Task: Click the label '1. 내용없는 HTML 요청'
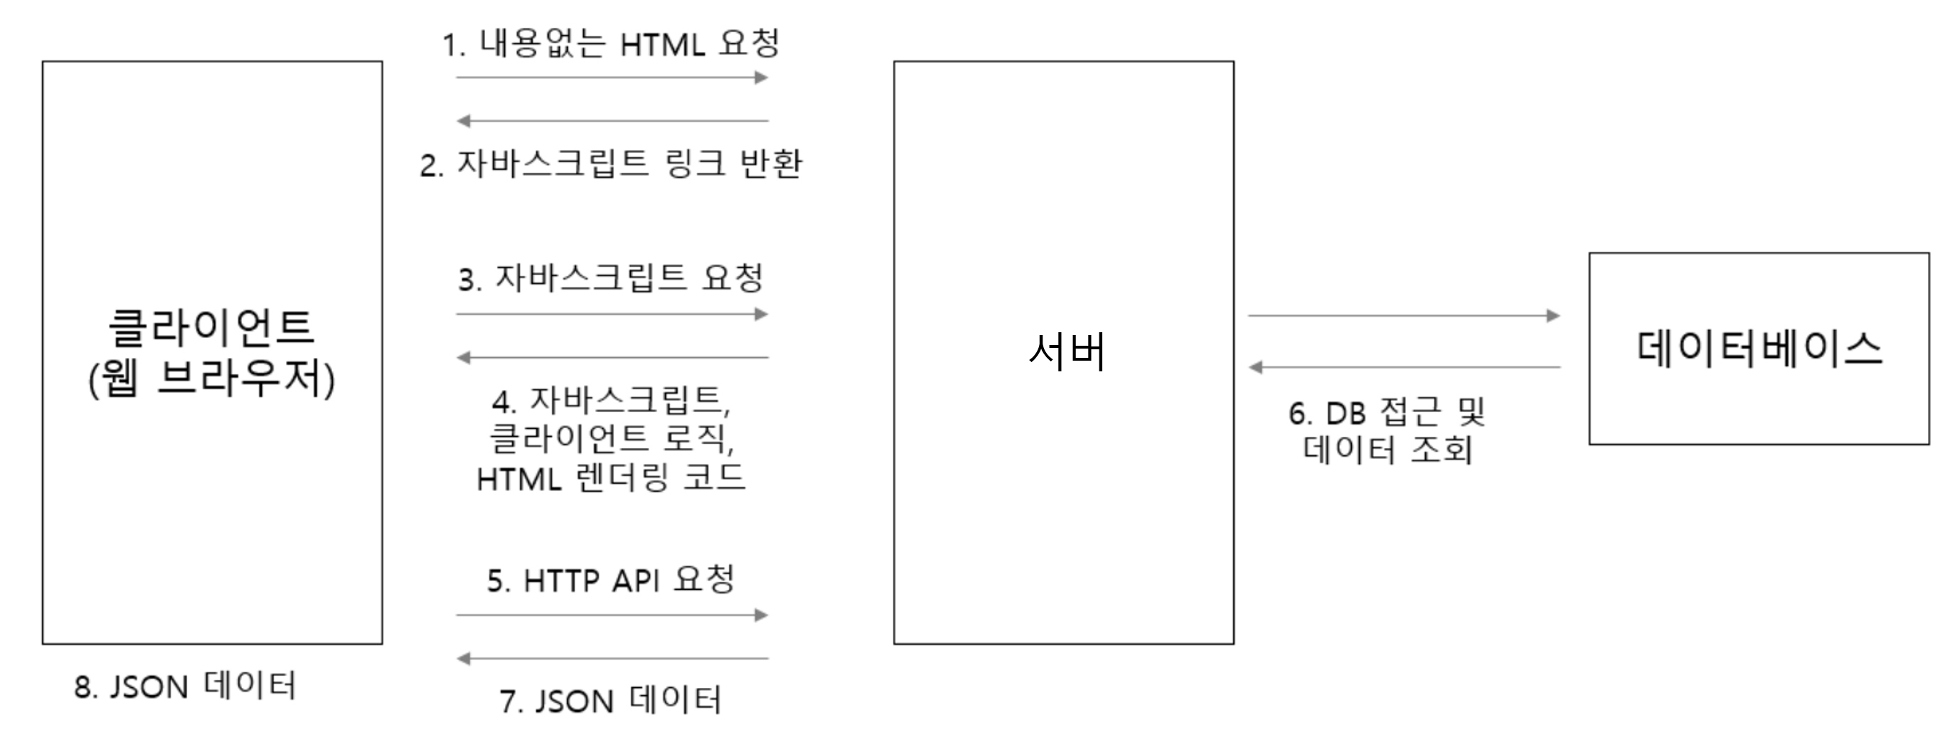(610, 43)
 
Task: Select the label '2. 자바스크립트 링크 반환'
(610, 164)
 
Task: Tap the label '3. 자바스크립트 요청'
(610, 278)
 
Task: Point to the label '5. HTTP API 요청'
(610, 580)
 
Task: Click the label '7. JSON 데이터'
(610, 700)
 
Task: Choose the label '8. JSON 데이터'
(185, 686)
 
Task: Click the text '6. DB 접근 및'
(1387, 413)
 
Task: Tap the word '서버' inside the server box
(1067, 352)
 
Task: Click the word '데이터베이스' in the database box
(1759, 349)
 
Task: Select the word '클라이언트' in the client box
(211, 327)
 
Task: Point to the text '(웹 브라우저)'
(211, 378)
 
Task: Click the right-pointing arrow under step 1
(612, 78)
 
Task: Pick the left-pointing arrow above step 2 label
(612, 120)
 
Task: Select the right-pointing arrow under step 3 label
(612, 314)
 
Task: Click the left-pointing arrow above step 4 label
(612, 357)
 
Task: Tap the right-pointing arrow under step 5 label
(612, 615)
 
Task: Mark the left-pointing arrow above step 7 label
(612, 659)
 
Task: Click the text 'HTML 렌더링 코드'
(610, 479)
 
